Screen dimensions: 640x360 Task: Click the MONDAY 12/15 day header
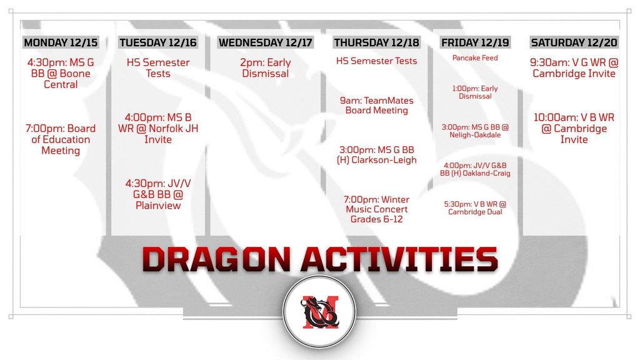point(61,42)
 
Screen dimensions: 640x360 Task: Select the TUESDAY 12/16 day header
point(158,42)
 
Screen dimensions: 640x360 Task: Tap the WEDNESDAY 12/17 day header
point(265,42)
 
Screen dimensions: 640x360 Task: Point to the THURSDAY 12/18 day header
point(376,42)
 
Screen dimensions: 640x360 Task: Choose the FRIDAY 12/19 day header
point(475,42)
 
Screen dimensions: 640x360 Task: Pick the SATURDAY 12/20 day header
point(574,42)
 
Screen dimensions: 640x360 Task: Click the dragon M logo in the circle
point(319,312)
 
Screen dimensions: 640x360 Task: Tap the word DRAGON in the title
point(216,259)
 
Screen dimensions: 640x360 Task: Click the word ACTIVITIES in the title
point(399,259)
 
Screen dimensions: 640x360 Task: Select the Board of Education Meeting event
point(61,139)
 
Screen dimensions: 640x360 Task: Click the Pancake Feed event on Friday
point(475,58)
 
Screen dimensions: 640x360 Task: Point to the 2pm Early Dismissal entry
point(265,67)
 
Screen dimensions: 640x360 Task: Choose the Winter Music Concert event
point(376,209)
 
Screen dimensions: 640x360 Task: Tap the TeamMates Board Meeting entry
point(376,105)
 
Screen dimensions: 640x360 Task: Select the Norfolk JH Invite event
point(158,129)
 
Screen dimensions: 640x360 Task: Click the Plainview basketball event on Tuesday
point(158,194)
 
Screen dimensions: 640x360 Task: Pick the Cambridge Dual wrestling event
point(475,207)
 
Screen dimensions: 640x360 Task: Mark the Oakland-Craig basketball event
point(475,169)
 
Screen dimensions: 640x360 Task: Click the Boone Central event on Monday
point(61,74)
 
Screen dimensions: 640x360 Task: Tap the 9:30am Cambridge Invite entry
point(574,67)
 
